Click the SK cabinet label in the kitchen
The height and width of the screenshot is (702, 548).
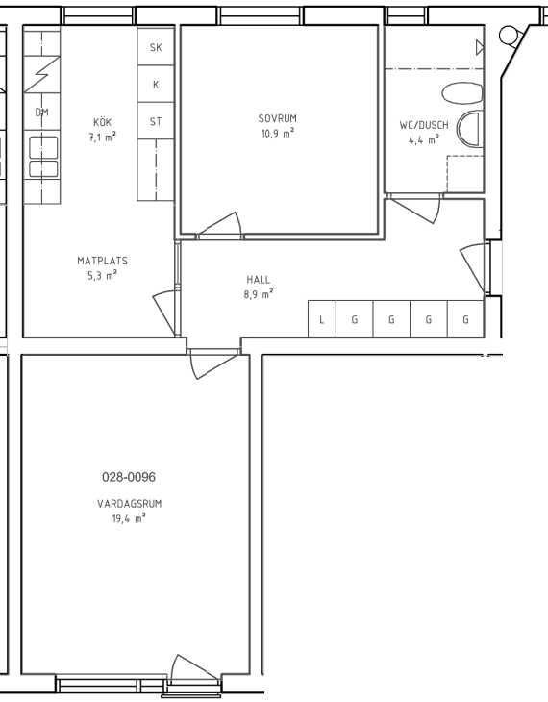pyautogui.click(x=156, y=47)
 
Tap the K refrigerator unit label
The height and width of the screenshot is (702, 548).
pyautogui.click(x=156, y=85)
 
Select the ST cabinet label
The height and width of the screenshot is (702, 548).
pyautogui.click(x=156, y=121)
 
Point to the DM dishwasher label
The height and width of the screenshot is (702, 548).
pyautogui.click(x=42, y=112)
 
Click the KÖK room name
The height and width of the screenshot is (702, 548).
pyautogui.click(x=103, y=122)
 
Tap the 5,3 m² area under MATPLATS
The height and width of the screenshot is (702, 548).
pyautogui.click(x=103, y=275)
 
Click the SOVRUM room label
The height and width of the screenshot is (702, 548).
pyautogui.click(x=278, y=118)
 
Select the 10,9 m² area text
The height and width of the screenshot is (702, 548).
pyautogui.click(x=278, y=133)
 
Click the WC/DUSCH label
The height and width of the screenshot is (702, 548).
pyautogui.click(x=424, y=125)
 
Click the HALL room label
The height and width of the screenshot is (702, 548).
pyautogui.click(x=259, y=280)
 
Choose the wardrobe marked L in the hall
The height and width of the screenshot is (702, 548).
pyautogui.click(x=321, y=318)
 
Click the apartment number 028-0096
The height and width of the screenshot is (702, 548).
pyautogui.click(x=129, y=477)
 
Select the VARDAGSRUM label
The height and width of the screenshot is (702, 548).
pyautogui.click(x=130, y=504)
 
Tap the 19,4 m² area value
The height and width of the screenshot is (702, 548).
pyautogui.click(x=130, y=518)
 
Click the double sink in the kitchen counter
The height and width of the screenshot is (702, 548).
pyautogui.click(x=43, y=157)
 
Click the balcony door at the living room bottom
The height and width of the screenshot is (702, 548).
pyautogui.click(x=195, y=669)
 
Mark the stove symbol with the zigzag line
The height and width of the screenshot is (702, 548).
pyautogui.click(x=42, y=74)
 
